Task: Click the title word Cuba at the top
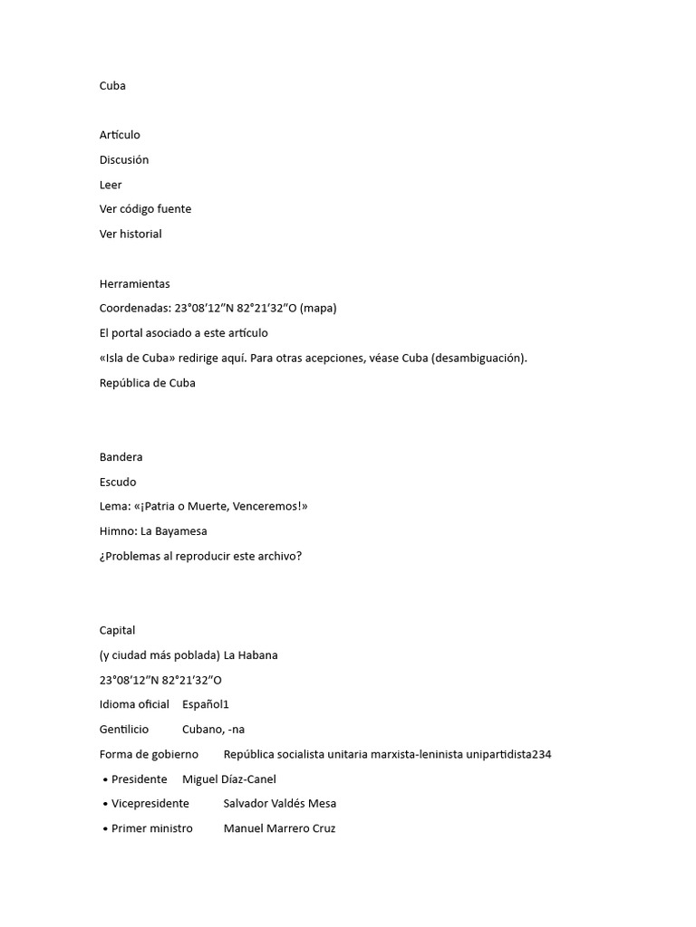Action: coord(112,86)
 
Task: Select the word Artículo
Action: coord(120,135)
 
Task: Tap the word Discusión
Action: coord(124,160)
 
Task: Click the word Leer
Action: coord(111,185)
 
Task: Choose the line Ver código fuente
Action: coord(145,209)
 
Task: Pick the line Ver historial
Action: coord(130,234)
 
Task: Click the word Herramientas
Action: coord(134,283)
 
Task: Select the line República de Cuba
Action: coord(147,382)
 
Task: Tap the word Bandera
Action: coord(121,457)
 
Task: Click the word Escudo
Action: coord(118,482)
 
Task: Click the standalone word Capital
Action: coord(117,630)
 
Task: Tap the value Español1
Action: coord(206,704)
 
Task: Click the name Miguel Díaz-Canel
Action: coord(229,779)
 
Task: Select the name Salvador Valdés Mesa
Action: coord(279,803)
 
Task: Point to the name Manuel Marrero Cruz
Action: coord(279,828)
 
